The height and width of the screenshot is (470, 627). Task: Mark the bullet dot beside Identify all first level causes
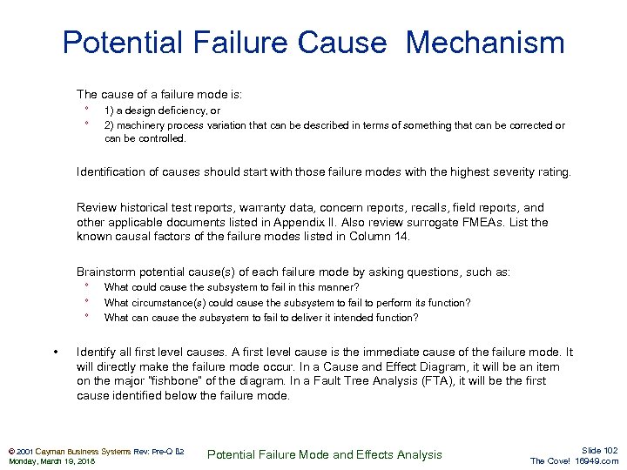[57, 352]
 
